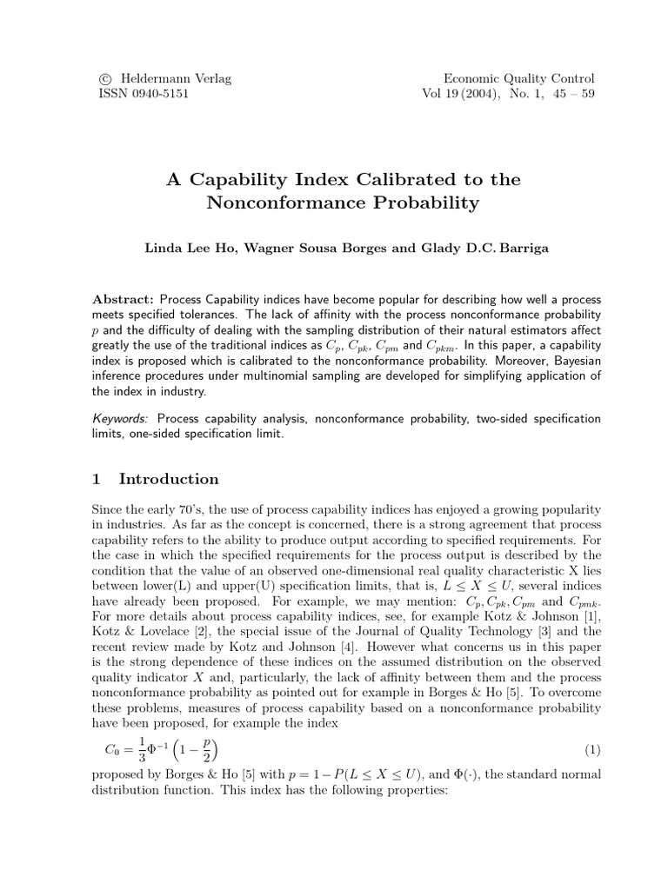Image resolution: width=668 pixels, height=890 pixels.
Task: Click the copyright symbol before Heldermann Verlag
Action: (x=108, y=78)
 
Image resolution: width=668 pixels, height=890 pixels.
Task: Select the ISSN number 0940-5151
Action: (x=163, y=94)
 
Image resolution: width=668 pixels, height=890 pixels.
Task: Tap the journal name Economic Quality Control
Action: (x=520, y=78)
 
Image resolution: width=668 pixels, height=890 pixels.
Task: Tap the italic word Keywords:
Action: (x=121, y=418)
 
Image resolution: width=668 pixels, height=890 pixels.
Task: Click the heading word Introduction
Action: (x=169, y=479)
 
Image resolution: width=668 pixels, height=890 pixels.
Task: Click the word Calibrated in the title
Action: (x=386, y=180)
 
